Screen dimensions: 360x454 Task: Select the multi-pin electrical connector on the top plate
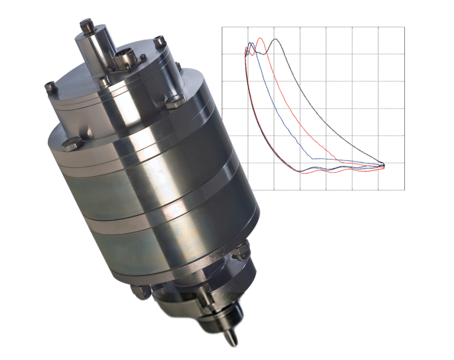coord(123,59)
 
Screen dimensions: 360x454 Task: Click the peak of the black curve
coord(275,40)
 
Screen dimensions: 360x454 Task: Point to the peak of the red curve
coord(260,39)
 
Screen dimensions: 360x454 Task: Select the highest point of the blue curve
coord(250,43)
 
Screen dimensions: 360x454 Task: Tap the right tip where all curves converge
coord(385,165)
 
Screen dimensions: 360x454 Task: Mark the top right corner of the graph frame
coord(404,27)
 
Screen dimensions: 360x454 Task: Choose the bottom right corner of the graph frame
coord(404,190)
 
